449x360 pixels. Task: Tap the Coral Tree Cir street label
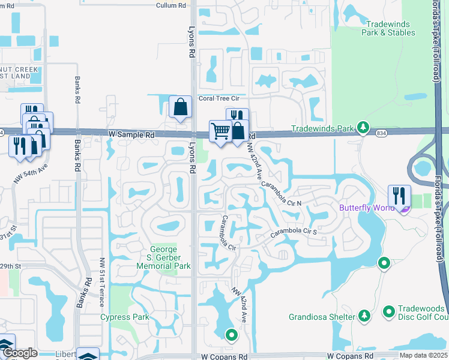pyautogui.click(x=219, y=98)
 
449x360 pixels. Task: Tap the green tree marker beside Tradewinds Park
pyautogui.click(x=363, y=127)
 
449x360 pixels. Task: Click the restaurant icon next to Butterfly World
pyautogui.click(x=399, y=196)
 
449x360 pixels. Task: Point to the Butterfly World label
pyautogui.click(x=366, y=208)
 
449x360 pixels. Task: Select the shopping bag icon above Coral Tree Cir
pyautogui.click(x=180, y=107)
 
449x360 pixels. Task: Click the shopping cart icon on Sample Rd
pyautogui.click(x=221, y=131)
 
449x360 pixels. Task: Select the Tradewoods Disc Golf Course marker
pyautogui.click(x=388, y=312)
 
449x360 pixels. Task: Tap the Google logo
pyautogui.click(x=20, y=353)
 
